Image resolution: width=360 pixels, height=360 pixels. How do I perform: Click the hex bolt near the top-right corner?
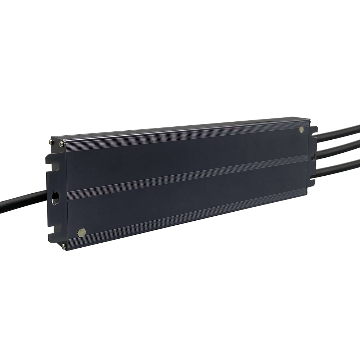pyautogui.click(x=301, y=130)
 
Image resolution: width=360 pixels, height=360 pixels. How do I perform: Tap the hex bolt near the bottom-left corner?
pyautogui.click(x=82, y=232)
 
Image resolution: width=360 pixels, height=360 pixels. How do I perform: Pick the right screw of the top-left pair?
pyautogui.click(x=61, y=145)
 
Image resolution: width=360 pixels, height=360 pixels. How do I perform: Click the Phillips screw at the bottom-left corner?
pyautogui.click(x=64, y=246)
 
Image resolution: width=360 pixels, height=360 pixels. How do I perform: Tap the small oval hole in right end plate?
pyautogui.click(x=312, y=157)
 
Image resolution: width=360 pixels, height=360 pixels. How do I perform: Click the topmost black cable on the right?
pyautogui.click(x=338, y=132)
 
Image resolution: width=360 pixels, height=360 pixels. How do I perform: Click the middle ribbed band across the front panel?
pyautogui.click(x=187, y=176)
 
